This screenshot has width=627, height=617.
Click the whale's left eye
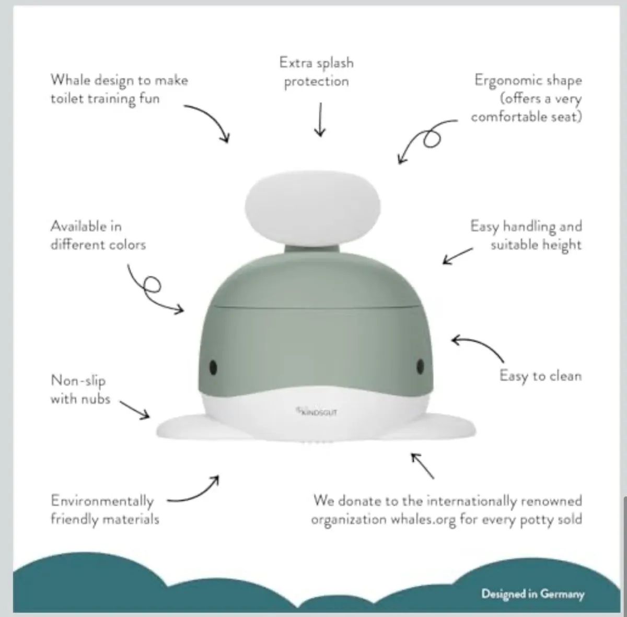tap(213, 367)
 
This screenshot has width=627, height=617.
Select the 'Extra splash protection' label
tap(316, 72)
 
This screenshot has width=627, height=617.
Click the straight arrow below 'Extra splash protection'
tap(320, 120)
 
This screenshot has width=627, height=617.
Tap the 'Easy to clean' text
tap(540, 376)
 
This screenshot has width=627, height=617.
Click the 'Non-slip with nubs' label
tap(80, 389)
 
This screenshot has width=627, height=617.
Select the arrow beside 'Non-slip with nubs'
tap(135, 410)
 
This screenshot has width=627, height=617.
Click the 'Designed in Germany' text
tap(532, 593)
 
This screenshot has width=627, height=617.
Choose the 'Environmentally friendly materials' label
tap(104, 510)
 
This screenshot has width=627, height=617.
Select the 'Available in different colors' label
tap(98, 235)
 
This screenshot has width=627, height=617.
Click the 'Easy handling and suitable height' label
tap(526, 235)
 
